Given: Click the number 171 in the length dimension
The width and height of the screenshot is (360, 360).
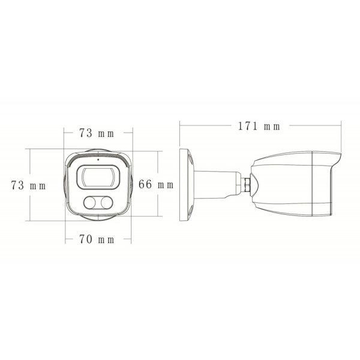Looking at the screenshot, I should (x=247, y=126).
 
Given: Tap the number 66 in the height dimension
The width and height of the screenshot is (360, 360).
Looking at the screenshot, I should (x=145, y=185).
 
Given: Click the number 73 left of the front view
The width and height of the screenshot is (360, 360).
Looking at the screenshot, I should (x=19, y=186).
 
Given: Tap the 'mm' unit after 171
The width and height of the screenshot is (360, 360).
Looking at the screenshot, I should (x=271, y=126).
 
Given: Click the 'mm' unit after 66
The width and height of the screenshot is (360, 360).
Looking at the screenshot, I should (x=166, y=185).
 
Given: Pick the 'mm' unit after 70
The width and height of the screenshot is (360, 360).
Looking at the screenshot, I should (x=106, y=240).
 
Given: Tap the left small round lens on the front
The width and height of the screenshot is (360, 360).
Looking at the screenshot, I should (x=91, y=203).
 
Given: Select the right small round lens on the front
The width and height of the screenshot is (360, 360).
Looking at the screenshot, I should (x=107, y=203).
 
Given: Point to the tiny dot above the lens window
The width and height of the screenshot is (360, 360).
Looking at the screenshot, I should (x=98, y=161).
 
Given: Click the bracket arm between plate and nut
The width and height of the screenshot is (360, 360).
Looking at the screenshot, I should (x=216, y=183).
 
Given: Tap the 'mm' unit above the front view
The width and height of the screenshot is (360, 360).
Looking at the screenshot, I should (x=107, y=132).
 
